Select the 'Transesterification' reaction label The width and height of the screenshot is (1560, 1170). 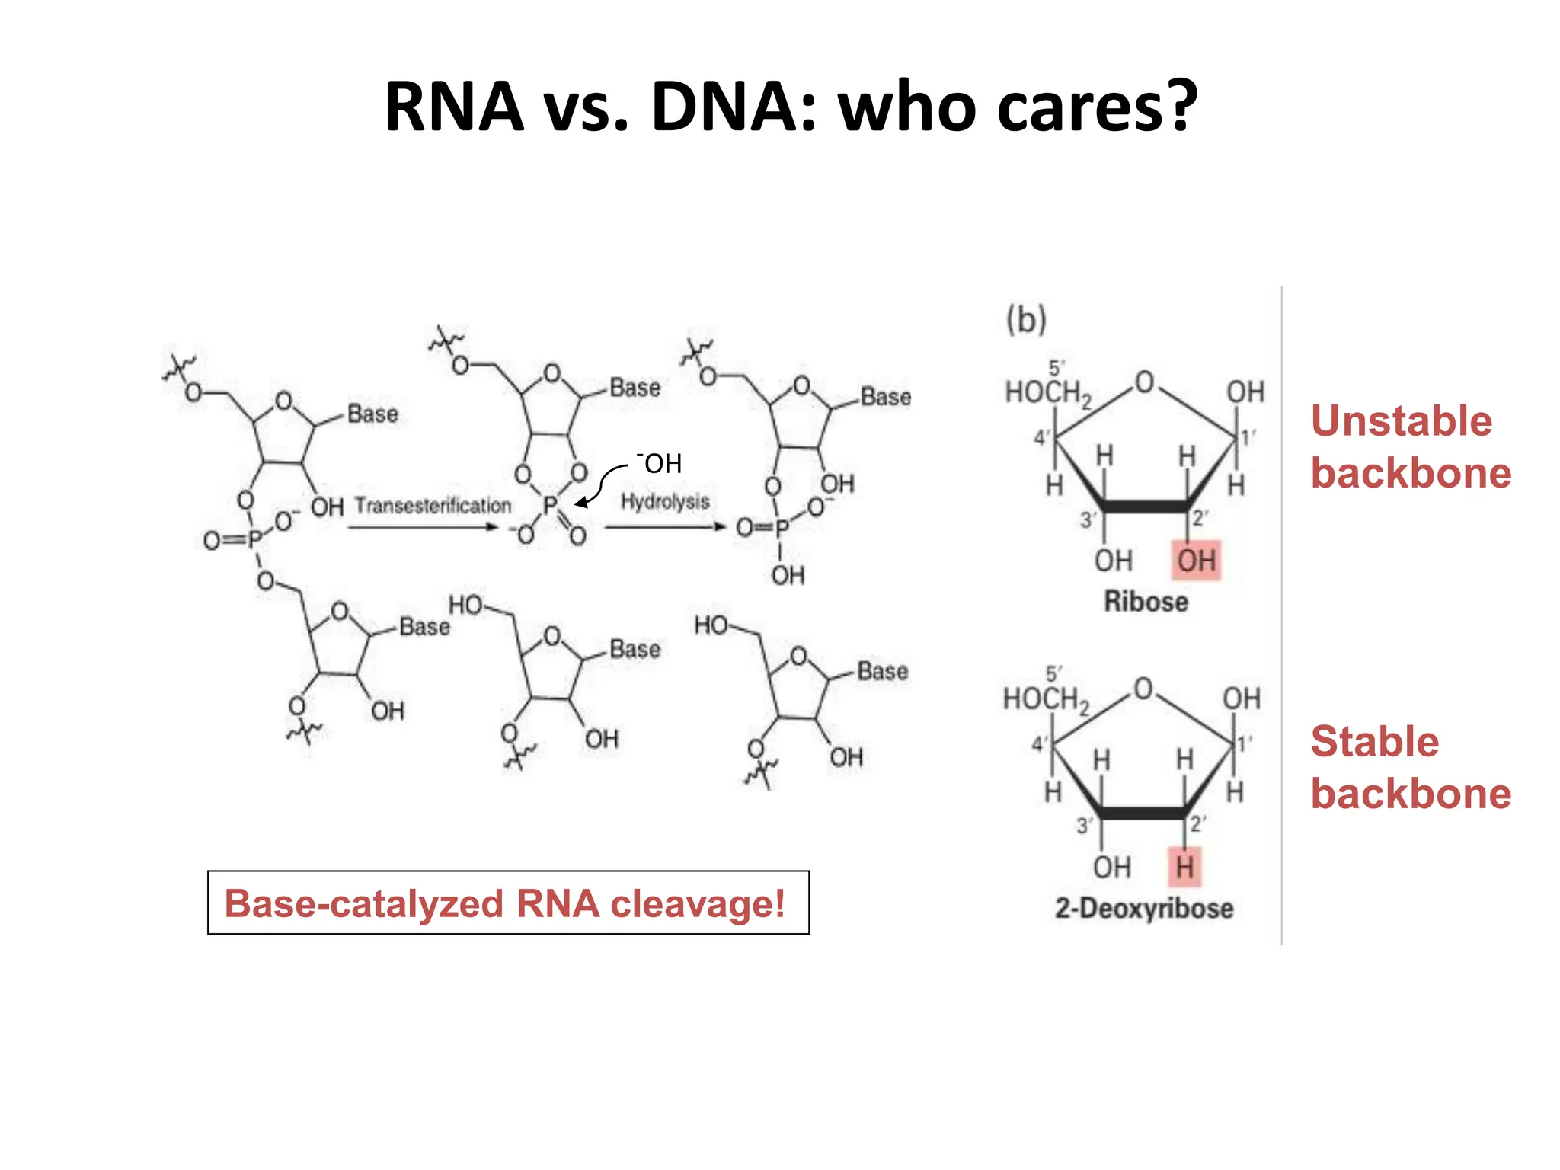(x=433, y=505)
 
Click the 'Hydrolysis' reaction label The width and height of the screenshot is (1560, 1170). (x=665, y=501)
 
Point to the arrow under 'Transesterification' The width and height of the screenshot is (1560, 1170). (x=424, y=526)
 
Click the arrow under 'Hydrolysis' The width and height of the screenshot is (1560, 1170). (x=665, y=526)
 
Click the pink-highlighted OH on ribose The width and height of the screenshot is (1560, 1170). (x=1196, y=561)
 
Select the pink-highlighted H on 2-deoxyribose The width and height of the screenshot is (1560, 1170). (x=1184, y=867)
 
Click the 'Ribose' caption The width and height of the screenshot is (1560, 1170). (x=1146, y=602)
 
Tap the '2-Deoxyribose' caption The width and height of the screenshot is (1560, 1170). (x=1143, y=908)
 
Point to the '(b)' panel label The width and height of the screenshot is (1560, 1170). (x=1026, y=319)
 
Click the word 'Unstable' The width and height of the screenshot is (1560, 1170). (x=1401, y=421)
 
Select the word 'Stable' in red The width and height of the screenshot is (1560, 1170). (x=1374, y=742)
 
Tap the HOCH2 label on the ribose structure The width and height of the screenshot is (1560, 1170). (x=1047, y=394)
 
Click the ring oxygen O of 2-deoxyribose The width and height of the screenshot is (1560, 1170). (x=1143, y=689)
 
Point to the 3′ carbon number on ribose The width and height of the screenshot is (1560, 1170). (x=1088, y=520)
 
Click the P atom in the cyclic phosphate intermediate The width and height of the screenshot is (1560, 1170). (x=550, y=506)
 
